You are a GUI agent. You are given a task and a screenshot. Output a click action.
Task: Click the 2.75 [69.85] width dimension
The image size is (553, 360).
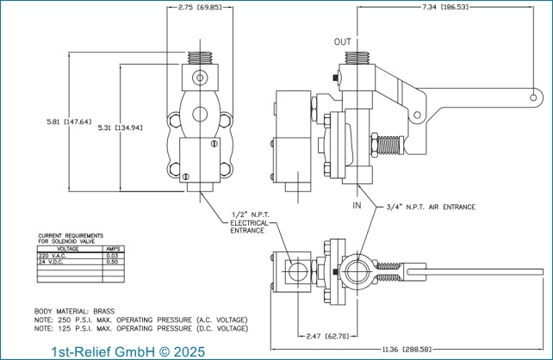click(x=198, y=7)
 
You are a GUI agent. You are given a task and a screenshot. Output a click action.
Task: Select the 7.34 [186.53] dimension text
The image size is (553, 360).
click(x=445, y=7)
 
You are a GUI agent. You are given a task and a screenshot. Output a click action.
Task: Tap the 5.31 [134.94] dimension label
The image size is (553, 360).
click(x=120, y=127)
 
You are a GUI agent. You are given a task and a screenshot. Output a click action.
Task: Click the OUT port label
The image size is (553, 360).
click(x=343, y=41)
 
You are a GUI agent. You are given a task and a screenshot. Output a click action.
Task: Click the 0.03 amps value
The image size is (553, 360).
click(x=112, y=256)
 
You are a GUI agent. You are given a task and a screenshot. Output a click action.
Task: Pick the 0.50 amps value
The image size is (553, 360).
click(x=112, y=262)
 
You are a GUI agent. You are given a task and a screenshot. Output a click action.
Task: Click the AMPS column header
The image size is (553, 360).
click(x=112, y=249)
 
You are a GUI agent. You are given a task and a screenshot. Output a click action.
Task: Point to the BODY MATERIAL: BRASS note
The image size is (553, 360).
click(x=74, y=310)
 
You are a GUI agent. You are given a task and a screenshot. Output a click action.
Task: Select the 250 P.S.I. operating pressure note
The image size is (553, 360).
click(x=141, y=320)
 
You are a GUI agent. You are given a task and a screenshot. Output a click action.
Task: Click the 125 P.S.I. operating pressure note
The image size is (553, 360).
click(x=141, y=328)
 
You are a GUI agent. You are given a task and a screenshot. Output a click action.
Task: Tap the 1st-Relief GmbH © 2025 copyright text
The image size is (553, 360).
click(x=128, y=351)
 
